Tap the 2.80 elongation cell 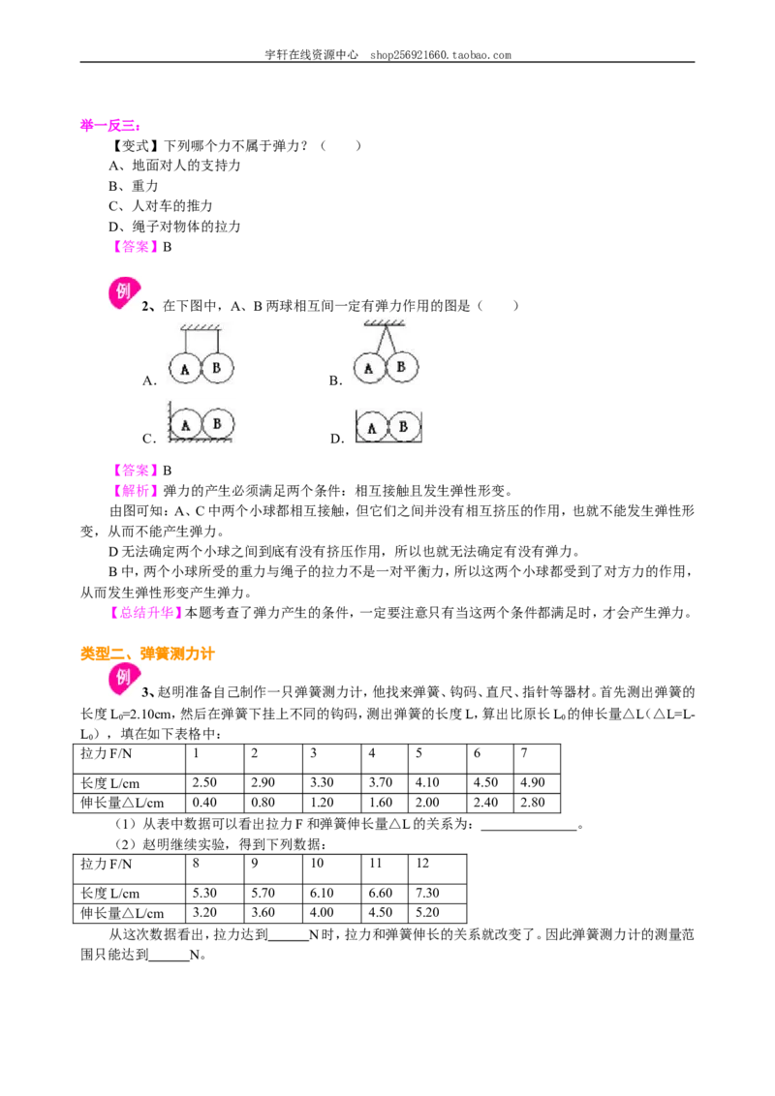[x=532, y=803]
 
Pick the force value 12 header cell [x=422, y=864]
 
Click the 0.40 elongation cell [x=204, y=803]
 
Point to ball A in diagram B [x=369, y=368]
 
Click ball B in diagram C [x=217, y=424]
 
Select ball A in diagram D [x=372, y=427]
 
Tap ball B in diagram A [x=217, y=368]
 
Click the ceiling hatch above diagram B [x=384, y=323]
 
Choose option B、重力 [x=133, y=186]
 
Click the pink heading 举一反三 [x=110, y=126]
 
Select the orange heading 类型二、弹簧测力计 [x=147, y=654]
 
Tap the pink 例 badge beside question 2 [x=124, y=292]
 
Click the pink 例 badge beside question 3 [x=124, y=678]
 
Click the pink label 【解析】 [x=135, y=491]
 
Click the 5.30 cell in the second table [x=204, y=893]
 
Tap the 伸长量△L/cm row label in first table [x=122, y=803]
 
